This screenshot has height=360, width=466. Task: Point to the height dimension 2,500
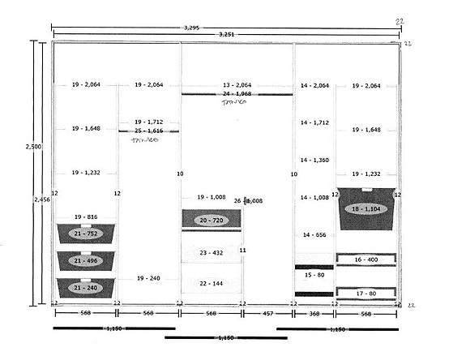(x=33, y=147)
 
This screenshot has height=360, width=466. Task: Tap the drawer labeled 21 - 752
(x=86, y=234)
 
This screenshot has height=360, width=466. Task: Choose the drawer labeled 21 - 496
(x=86, y=260)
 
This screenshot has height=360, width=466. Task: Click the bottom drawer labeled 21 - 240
(x=86, y=287)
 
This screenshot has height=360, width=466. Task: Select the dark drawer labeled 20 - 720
(x=212, y=220)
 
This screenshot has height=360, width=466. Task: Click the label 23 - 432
(x=212, y=253)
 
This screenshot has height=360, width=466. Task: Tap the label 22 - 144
(x=212, y=284)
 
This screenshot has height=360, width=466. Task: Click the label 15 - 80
(x=314, y=275)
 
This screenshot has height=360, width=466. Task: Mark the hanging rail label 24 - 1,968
(x=237, y=94)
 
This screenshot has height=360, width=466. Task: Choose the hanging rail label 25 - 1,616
(x=149, y=130)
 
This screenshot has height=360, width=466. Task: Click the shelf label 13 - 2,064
(x=237, y=85)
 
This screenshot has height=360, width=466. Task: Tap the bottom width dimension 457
(x=267, y=313)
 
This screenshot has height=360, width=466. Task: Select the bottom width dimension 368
(x=314, y=313)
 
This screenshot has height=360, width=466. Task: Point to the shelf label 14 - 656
(x=314, y=234)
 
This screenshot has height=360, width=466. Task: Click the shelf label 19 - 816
(x=86, y=217)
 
